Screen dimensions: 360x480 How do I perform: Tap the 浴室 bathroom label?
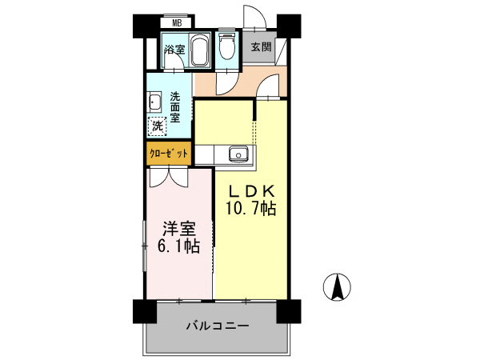[174, 50]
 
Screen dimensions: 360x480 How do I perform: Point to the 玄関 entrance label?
[261, 46]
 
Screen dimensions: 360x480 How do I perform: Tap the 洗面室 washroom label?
[175, 106]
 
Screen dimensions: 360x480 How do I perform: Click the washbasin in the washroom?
[155, 102]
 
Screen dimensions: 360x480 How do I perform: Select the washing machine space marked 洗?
[158, 125]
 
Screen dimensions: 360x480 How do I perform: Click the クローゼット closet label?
[169, 152]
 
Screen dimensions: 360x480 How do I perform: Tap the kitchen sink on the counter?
[238, 154]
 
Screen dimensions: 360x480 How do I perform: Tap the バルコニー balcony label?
[218, 326]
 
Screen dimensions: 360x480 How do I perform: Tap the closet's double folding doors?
[169, 176]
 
